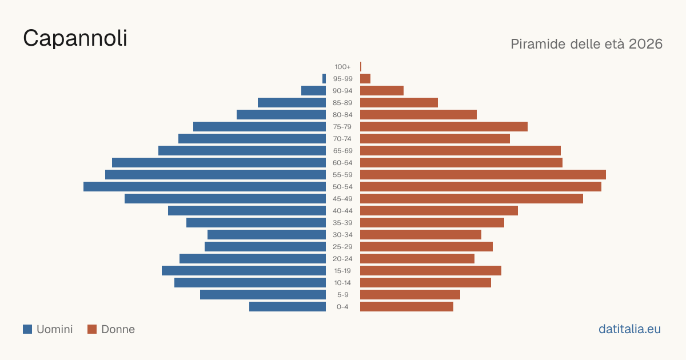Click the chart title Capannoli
click(x=75, y=38)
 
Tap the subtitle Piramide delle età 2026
click(x=587, y=44)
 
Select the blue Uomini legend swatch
click(x=27, y=329)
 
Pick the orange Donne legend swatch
click(x=92, y=329)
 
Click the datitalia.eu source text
click(x=629, y=329)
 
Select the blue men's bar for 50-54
click(x=205, y=187)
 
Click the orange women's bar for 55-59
click(x=483, y=175)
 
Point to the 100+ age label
click(x=342, y=67)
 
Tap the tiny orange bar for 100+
click(x=361, y=67)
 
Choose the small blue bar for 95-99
click(x=324, y=79)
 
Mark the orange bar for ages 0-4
click(x=406, y=307)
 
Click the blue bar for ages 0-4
click(x=288, y=307)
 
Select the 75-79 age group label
click(x=342, y=127)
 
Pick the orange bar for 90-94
click(x=382, y=91)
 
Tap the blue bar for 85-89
click(x=292, y=103)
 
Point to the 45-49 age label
click(x=342, y=199)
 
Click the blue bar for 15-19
click(x=244, y=271)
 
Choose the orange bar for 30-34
click(x=421, y=235)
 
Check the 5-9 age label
click(x=342, y=295)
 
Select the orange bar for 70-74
click(x=435, y=139)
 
